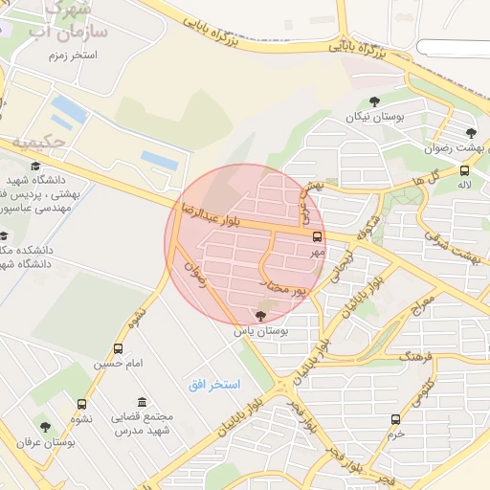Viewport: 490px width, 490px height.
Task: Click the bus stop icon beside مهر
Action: (x=318, y=235)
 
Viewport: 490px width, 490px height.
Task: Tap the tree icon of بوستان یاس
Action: (x=261, y=315)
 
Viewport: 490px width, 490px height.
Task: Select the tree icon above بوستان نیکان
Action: (x=374, y=101)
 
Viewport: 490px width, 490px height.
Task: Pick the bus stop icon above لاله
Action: (x=465, y=169)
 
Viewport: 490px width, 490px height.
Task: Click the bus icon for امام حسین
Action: (x=118, y=349)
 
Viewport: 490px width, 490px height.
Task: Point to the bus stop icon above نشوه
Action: (x=81, y=404)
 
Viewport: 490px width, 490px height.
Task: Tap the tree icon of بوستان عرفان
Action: (x=45, y=426)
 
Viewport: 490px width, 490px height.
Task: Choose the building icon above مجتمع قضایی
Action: (x=143, y=402)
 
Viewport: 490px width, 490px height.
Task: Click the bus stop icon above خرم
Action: (x=396, y=419)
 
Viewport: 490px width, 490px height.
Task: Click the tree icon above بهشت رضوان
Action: (x=469, y=134)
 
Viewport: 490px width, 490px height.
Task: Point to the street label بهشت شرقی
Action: (x=455, y=251)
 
